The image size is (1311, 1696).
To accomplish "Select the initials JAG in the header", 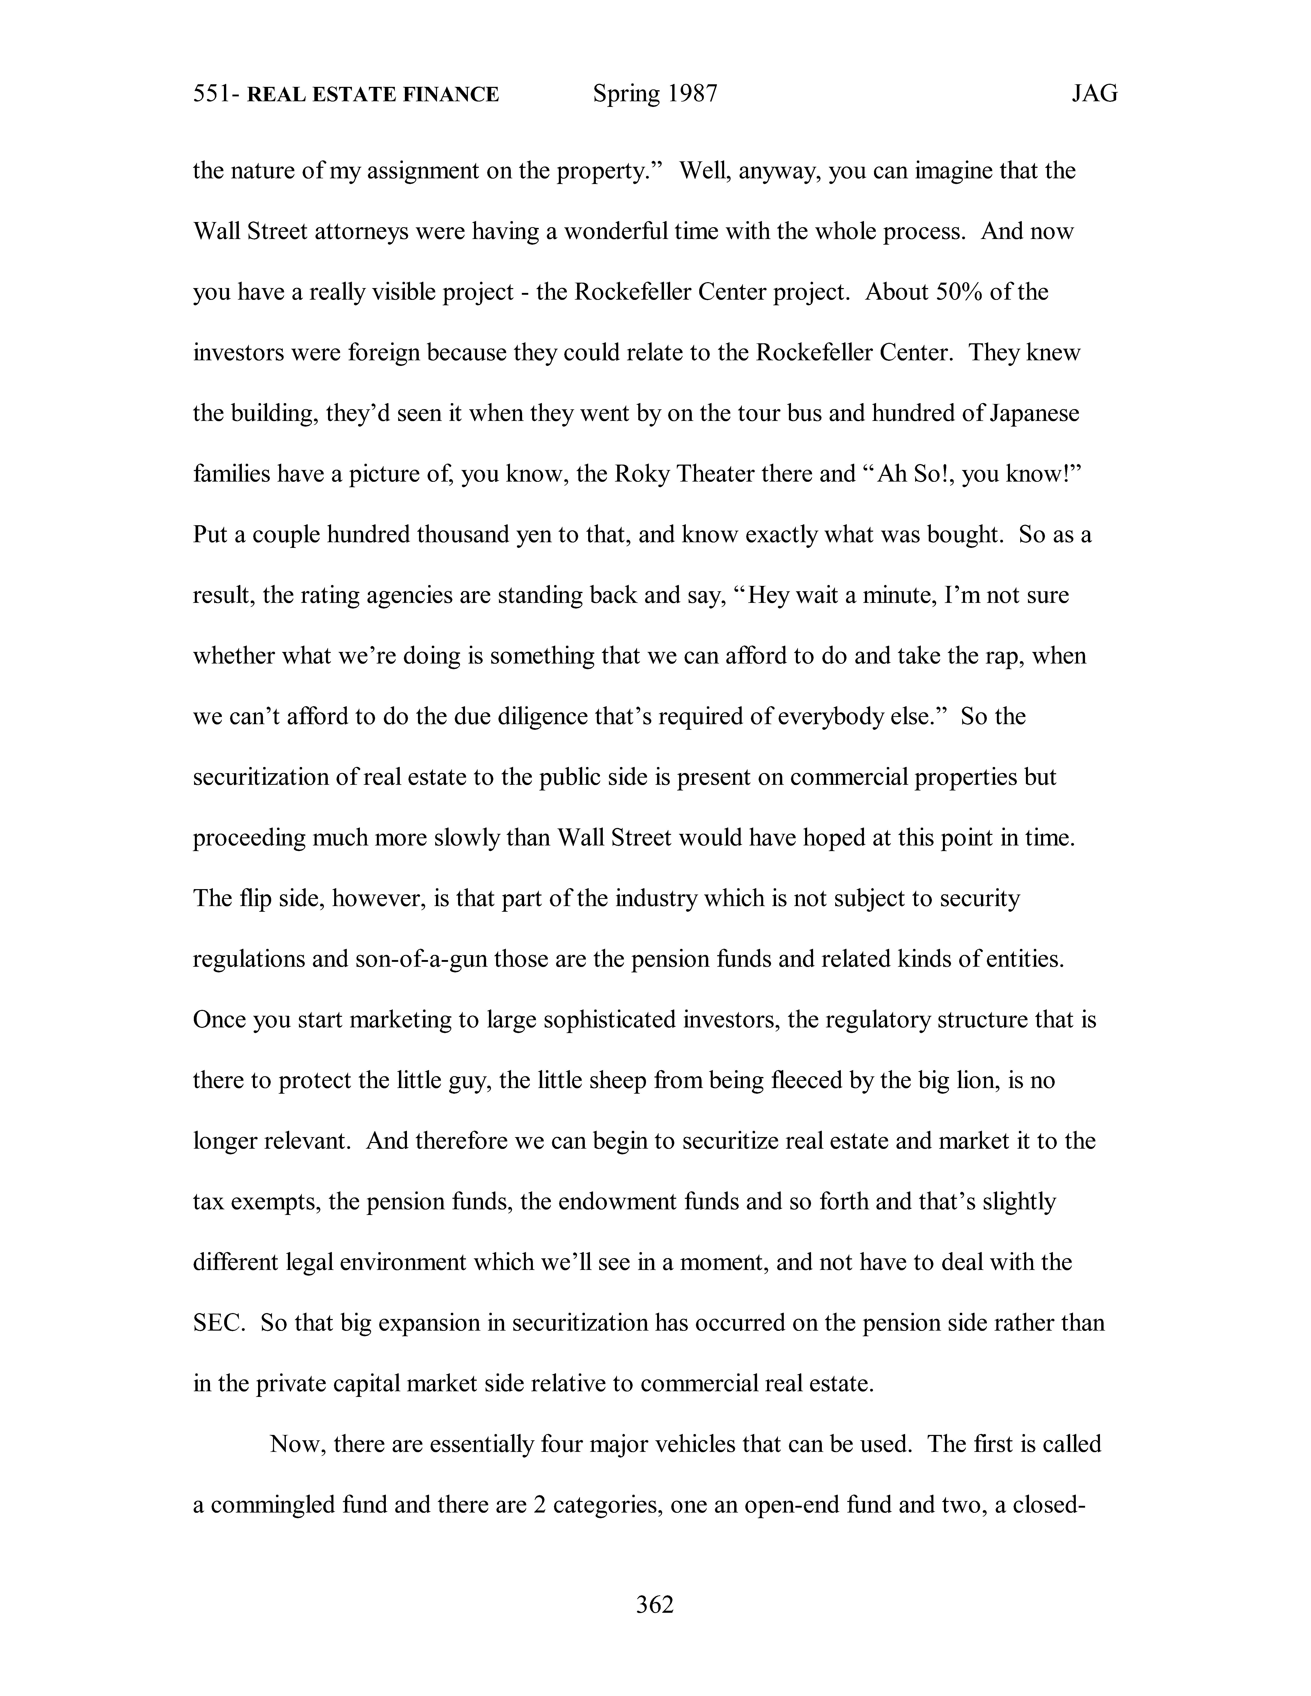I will (1094, 94).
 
